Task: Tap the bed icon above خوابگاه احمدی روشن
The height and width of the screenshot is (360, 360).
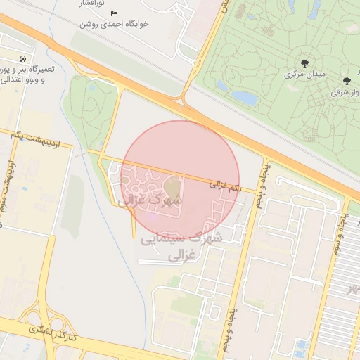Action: point(115,13)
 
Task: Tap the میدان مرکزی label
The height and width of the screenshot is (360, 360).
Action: point(304,74)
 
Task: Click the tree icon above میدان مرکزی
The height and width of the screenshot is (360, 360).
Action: point(304,63)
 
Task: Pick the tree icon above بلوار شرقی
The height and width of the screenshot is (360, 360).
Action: point(347,81)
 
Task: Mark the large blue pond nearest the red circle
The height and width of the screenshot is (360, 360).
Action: point(245,97)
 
